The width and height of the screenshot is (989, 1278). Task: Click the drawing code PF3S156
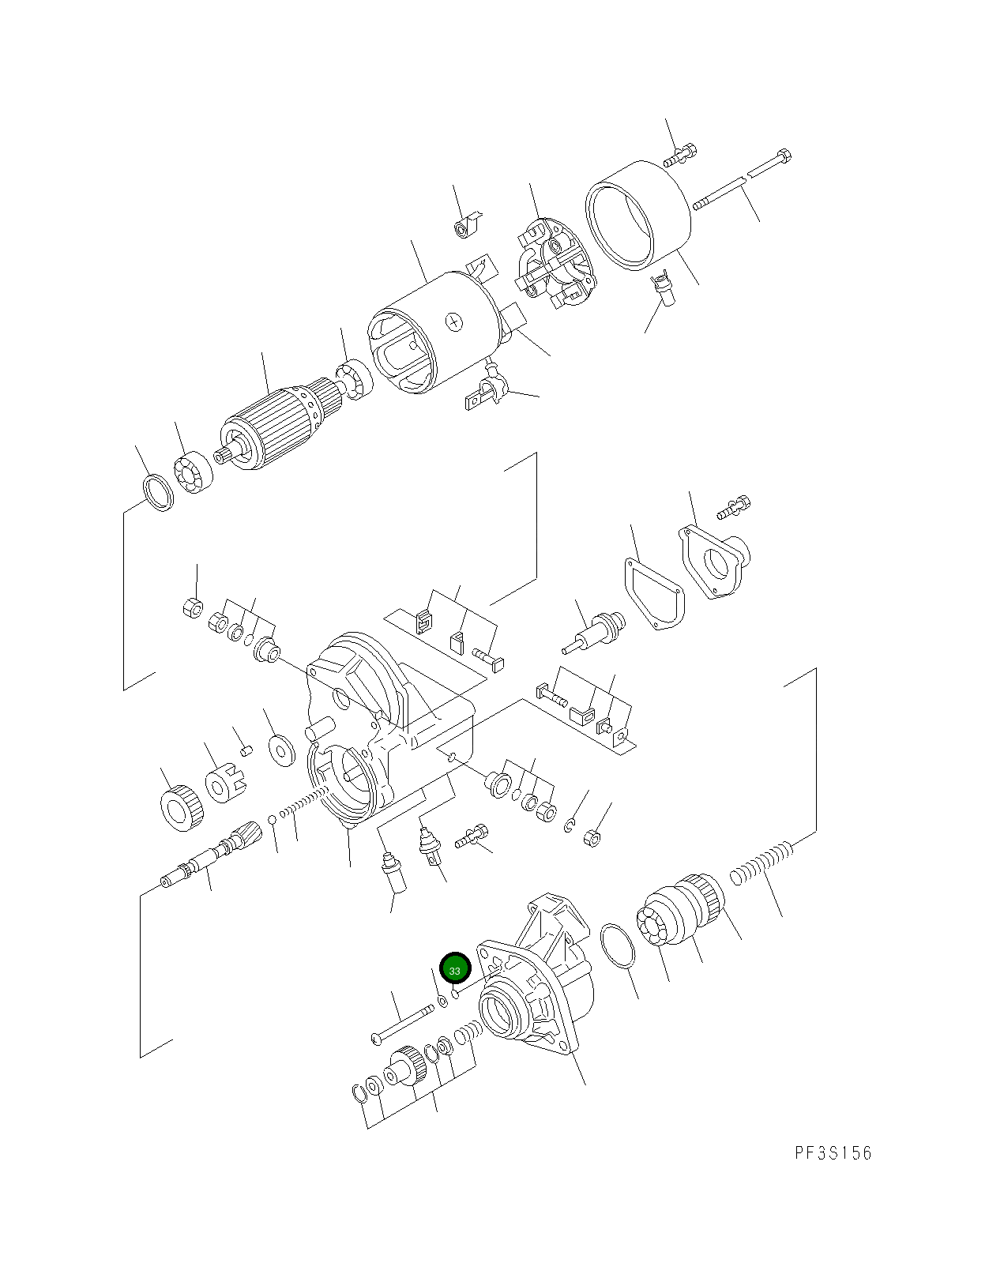(x=833, y=1153)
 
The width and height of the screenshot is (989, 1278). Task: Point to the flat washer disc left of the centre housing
(x=279, y=750)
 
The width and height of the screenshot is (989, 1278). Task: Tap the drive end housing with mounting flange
(x=537, y=987)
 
